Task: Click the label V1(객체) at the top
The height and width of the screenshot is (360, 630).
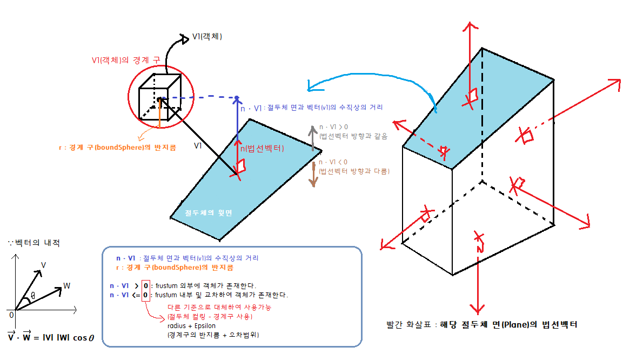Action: pyautogui.click(x=207, y=37)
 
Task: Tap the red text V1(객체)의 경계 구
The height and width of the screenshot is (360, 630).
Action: pyautogui.click(x=125, y=59)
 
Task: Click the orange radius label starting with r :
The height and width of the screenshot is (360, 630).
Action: pyautogui.click(x=117, y=147)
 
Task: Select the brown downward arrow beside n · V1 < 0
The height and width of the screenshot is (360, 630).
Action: pyautogui.click(x=312, y=174)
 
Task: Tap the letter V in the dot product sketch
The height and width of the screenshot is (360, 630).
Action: pyautogui.click(x=44, y=265)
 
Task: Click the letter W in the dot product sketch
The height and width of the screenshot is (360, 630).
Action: pyautogui.click(x=66, y=285)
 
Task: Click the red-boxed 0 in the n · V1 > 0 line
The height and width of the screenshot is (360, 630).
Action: pyautogui.click(x=145, y=285)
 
